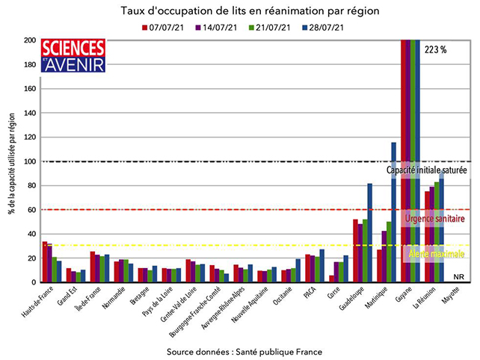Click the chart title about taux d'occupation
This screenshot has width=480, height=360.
coord(239,12)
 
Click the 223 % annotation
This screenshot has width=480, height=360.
coord(435,50)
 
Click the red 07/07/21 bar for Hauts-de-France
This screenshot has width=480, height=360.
coord(44,261)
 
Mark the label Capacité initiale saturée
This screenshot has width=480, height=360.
coord(427,170)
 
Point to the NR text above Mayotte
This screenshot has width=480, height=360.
coord(458,276)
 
